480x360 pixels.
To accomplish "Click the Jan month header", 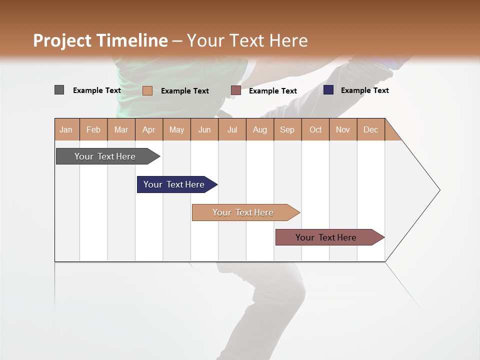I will point(66,129).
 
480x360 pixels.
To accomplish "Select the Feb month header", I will point(93,129).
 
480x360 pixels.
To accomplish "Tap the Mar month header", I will point(121,129).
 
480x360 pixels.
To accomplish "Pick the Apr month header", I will point(149,129).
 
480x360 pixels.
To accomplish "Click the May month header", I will point(176,129).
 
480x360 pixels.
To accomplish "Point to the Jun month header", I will point(204,129).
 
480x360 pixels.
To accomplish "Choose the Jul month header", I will point(232,129).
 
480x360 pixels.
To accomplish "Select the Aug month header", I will point(260,129).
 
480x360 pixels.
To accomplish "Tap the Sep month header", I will point(287,129).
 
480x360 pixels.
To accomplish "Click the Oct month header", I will point(315,129).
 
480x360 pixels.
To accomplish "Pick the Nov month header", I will point(343,129).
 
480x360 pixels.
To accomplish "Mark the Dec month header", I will point(371,129).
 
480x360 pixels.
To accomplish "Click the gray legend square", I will point(59,90).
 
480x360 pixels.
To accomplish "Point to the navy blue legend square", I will point(328,90).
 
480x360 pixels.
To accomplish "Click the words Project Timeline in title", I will point(100,40).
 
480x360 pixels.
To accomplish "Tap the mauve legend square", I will point(236,90).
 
